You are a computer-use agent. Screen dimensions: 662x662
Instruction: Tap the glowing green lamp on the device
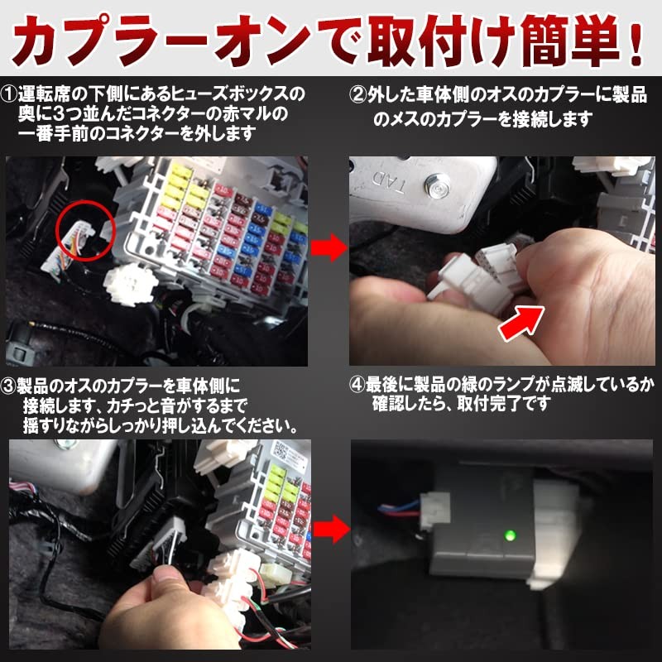[x=511, y=535]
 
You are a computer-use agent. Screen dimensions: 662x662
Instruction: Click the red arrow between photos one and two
[x=329, y=247]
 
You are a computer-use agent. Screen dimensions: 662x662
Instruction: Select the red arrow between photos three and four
[x=332, y=529]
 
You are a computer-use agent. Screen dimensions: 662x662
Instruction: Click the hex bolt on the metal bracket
[x=437, y=185]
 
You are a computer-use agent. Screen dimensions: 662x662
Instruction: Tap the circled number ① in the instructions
[x=8, y=94]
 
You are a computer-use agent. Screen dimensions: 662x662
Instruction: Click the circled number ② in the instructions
[x=358, y=95]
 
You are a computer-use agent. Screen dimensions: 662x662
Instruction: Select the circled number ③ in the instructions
[x=8, y=386]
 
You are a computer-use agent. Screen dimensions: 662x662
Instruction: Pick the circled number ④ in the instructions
[x=357, y=385]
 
